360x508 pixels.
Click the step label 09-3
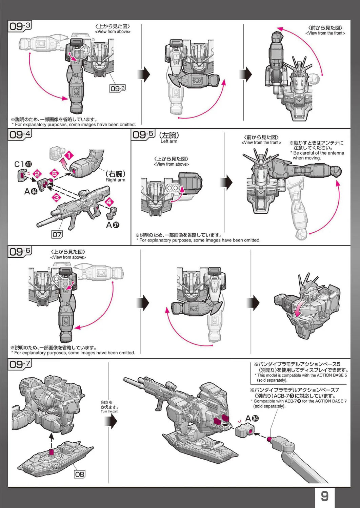[20, 26]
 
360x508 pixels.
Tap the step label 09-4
[20, 134]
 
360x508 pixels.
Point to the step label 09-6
[20, 252]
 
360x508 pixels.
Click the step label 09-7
[20, 364]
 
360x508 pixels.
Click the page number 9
[324, 496]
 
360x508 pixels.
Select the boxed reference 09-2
[118, 88]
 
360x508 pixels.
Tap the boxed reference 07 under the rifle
[57, 234]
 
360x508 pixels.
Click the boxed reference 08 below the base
[79, 474]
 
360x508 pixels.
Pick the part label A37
[113, 225]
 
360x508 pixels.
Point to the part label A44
[31, 191]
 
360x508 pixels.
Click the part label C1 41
[23, 164]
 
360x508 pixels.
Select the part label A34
[252, 419]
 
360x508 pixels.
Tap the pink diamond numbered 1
[69, 156]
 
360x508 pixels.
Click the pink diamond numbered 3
[56, 197]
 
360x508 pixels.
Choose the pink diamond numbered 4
[109, 202]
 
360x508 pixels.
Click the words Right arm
[115, 180]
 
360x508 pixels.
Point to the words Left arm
[169, 141]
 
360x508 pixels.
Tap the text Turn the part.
[109, 411]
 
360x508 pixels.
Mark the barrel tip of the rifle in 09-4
[38, 225]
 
